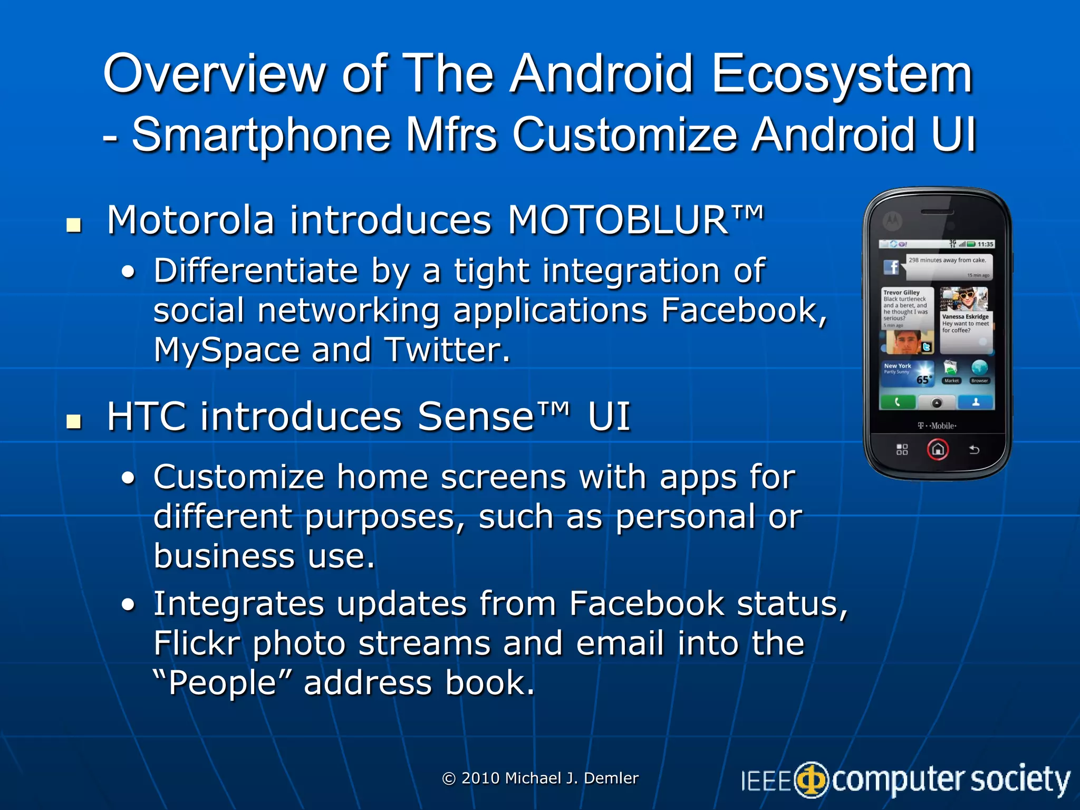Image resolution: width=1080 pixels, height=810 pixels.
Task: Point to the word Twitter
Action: coord(447,350)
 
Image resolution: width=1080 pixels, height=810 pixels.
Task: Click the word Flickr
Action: coord(196,643)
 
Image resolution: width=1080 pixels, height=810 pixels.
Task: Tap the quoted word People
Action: coord(222,683)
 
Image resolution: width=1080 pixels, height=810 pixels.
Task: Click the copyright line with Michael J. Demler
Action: coord(540,778)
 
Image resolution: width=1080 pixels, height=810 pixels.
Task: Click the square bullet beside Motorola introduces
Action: coord(74,225)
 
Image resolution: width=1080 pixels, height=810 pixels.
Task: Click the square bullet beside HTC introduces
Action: coord(74,421)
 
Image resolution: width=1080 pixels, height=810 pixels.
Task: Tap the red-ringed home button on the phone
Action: coord(938,450)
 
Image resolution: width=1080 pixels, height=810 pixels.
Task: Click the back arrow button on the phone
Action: coord(974,450)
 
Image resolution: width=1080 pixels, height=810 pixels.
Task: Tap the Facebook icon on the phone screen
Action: coord(891,267)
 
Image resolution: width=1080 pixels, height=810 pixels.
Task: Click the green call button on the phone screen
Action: coord(898,402)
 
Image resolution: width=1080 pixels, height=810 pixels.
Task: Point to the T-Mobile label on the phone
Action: coord(937,426)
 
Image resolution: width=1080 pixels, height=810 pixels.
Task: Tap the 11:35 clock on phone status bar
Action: coord(985,244)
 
